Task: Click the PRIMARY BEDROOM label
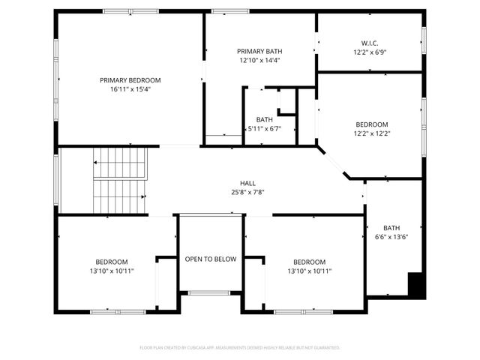(130, 80)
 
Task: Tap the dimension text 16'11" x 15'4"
(130, 89)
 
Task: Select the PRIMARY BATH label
(260, 51)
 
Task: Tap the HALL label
(247, 183)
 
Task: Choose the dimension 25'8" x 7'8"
(247, 192)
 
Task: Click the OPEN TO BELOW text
(211, 259)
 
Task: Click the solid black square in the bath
(416, 284)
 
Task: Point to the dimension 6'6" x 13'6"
(391, 237)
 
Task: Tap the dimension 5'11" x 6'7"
(264, 128)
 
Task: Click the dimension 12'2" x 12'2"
(372, 133)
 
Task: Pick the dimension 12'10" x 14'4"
(260, 60)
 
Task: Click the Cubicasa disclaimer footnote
(240, 348)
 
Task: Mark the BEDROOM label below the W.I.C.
(372, 124)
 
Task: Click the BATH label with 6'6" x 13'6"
(391, 228)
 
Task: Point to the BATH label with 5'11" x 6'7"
(264, 119)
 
